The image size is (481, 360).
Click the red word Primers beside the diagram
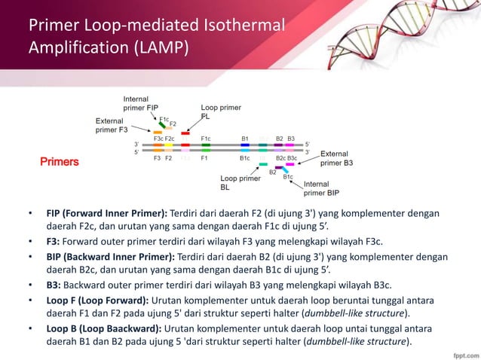click(60, 162)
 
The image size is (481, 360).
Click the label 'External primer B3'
click(336, 158)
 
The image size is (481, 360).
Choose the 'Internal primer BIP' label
click(320, 188)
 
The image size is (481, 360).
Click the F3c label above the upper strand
click(158, 139)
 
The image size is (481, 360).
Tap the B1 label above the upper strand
click(245, 139)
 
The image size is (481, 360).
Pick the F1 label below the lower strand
click(204, 159)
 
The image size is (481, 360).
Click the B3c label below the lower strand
click(292, 159)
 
